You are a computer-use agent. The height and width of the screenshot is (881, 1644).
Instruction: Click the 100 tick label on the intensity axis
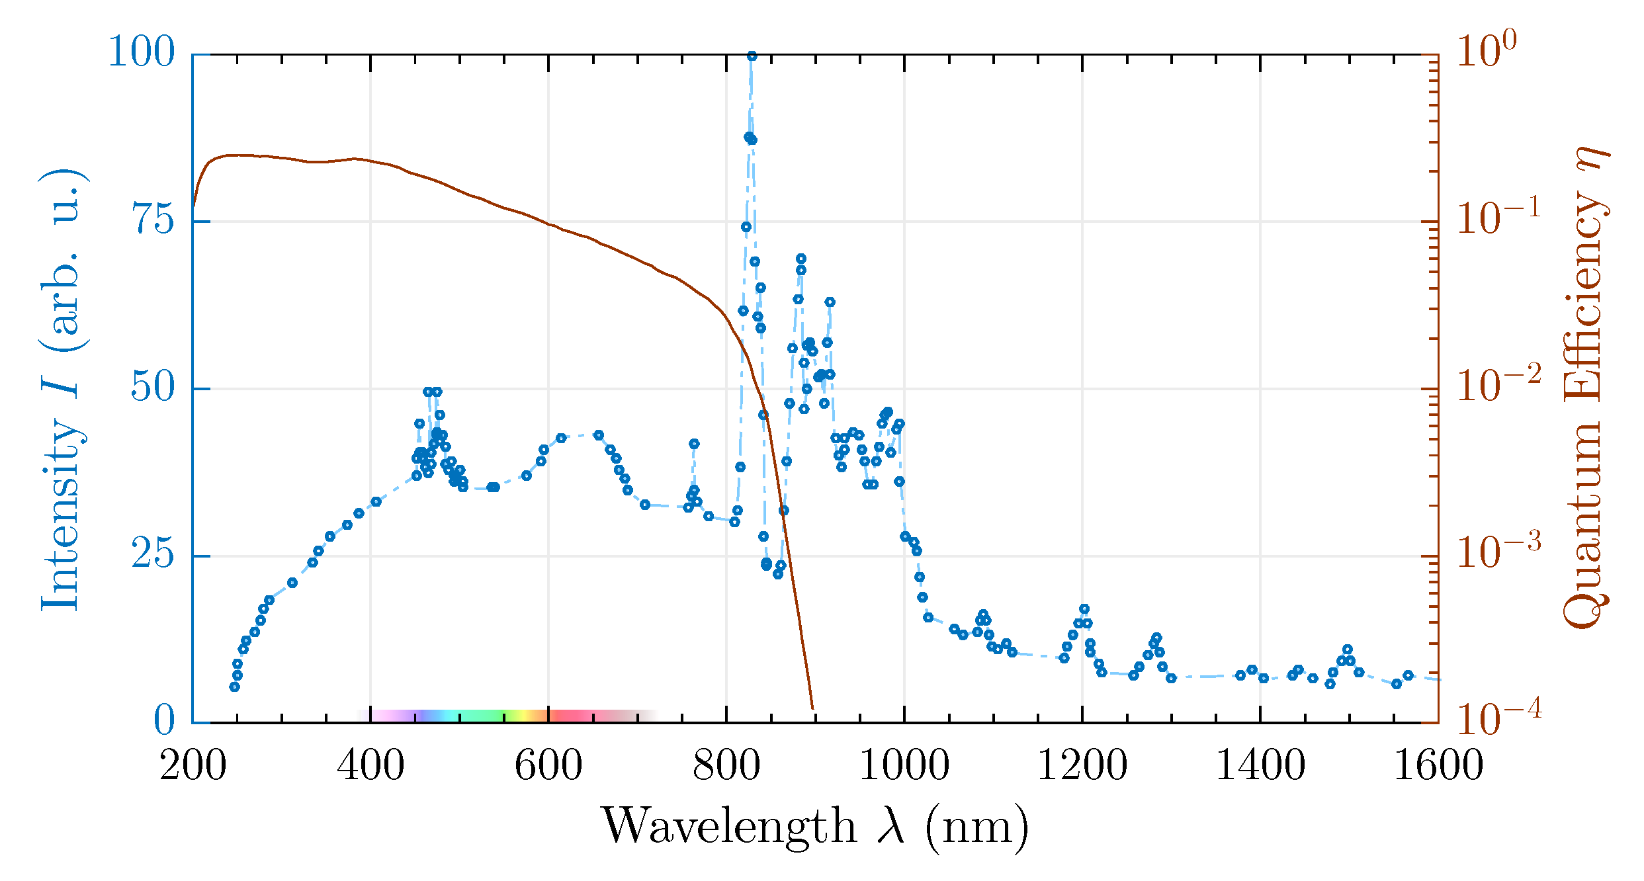[141, 52]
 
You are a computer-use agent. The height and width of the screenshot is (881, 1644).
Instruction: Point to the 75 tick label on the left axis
[155, 220]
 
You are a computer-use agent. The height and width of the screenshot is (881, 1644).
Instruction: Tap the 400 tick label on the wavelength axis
[370, 766]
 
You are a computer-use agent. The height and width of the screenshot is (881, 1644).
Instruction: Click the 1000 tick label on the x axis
[904, 766]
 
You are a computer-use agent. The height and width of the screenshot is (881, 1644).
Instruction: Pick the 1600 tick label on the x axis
[1438, 766]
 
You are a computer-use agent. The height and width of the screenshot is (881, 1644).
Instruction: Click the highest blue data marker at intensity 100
[752, 56]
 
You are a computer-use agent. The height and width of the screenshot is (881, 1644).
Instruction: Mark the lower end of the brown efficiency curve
[812, 708]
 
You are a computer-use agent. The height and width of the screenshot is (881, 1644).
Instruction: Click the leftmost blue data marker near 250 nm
[234, 687]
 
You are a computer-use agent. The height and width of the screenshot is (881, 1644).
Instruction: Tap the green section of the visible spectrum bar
[483, 715]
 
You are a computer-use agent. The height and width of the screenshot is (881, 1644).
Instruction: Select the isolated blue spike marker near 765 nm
[694, 444]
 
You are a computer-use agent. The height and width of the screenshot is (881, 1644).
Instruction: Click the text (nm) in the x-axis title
[976, 827]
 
